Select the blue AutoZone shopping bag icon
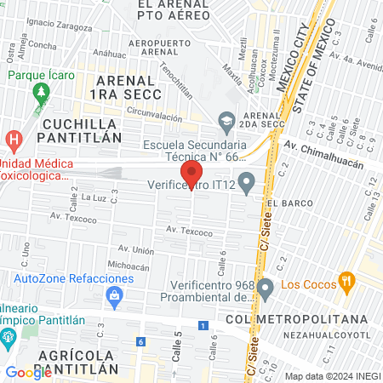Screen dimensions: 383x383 pos(114,294)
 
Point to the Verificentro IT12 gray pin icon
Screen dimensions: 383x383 pos(247,180)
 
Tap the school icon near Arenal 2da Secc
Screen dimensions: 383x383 pos(226,121)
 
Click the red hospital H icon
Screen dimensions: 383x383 pos(14,139)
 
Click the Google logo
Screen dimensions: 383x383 pos(29,372)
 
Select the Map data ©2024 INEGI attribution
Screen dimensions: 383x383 pos(332,376)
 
